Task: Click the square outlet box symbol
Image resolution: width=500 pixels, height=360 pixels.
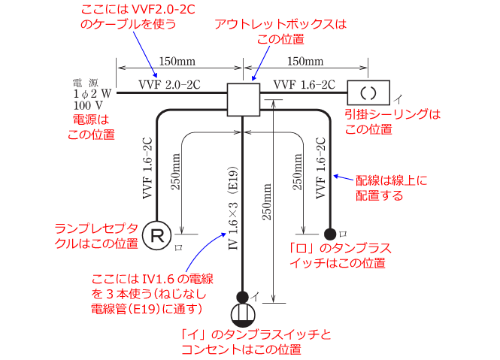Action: pos(243,99)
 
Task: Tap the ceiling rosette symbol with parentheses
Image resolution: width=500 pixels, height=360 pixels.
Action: pos(368,94)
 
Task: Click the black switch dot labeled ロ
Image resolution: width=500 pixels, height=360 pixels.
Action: pos(329,234)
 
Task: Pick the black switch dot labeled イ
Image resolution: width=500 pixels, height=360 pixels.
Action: pos(242,296)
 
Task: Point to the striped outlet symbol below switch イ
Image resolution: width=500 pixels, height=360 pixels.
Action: pos(242,314)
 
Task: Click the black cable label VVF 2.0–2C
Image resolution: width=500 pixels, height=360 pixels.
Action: pos(169,83)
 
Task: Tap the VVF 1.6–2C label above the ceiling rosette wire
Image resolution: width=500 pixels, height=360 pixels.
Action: pos(304,83)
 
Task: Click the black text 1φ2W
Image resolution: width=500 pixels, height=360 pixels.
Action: pos(92,94)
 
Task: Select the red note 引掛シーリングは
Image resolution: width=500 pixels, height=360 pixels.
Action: pos(391,114)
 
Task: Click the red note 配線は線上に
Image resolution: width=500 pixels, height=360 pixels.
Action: pos(390,182)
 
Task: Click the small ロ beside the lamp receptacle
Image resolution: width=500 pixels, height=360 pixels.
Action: pos(178,245)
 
